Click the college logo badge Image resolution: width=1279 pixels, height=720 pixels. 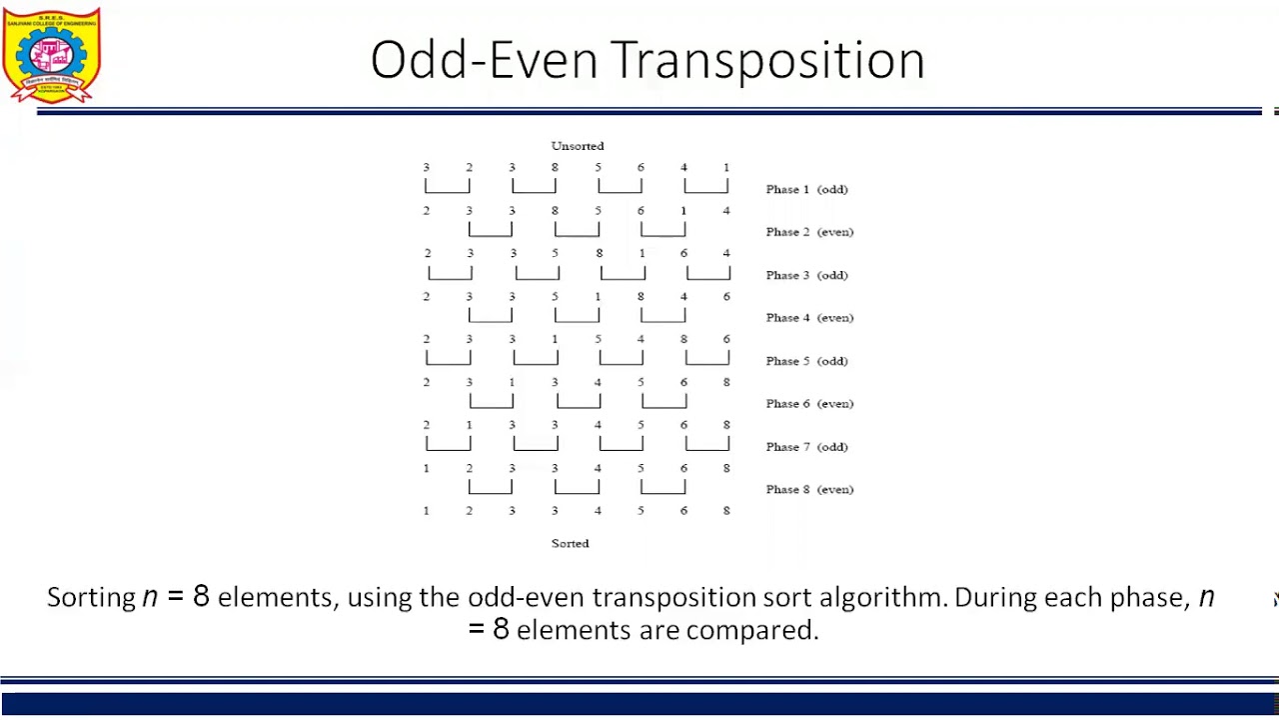[x=52, y=55]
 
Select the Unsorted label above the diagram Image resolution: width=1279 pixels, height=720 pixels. [x=578, y=146]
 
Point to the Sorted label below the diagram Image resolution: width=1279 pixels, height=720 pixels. [x=571, y=543]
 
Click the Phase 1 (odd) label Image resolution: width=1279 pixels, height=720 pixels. [x=806, y=189]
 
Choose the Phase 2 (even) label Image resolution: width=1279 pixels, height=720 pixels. [x=809, y=232]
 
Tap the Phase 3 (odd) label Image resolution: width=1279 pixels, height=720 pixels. [x=806, y=275]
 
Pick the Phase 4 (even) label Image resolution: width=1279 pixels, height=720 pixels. [x=809, y=318]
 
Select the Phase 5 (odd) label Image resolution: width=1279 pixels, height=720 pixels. [x=806, y=361]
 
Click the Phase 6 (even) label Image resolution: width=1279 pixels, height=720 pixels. [x=809, y=404]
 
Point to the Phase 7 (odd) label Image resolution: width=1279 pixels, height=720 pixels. [x=806, y=447]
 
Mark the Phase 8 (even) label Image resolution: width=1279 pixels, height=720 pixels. [x=809, y=490]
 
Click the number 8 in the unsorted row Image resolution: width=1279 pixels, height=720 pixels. [x=555, y=168]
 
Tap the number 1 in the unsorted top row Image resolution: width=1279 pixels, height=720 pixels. [x=726, y=168]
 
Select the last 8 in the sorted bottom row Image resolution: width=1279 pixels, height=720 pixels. [x=726, y=511]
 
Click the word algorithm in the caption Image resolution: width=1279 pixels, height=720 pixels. [x=880, y=597]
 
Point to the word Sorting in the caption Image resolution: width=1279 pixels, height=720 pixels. [x=91, y=598]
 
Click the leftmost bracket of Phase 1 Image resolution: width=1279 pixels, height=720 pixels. [x=447, y=187]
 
